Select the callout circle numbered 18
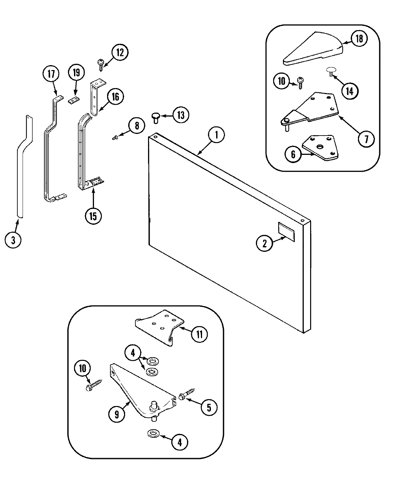pyautogui.click(x=359, y=38)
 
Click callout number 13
pyautogui.click(x=181, y=115)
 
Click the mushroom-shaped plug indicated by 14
pyautogui.click(x=331, y=71)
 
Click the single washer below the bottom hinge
pyautogui.click(x=152, y=434)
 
